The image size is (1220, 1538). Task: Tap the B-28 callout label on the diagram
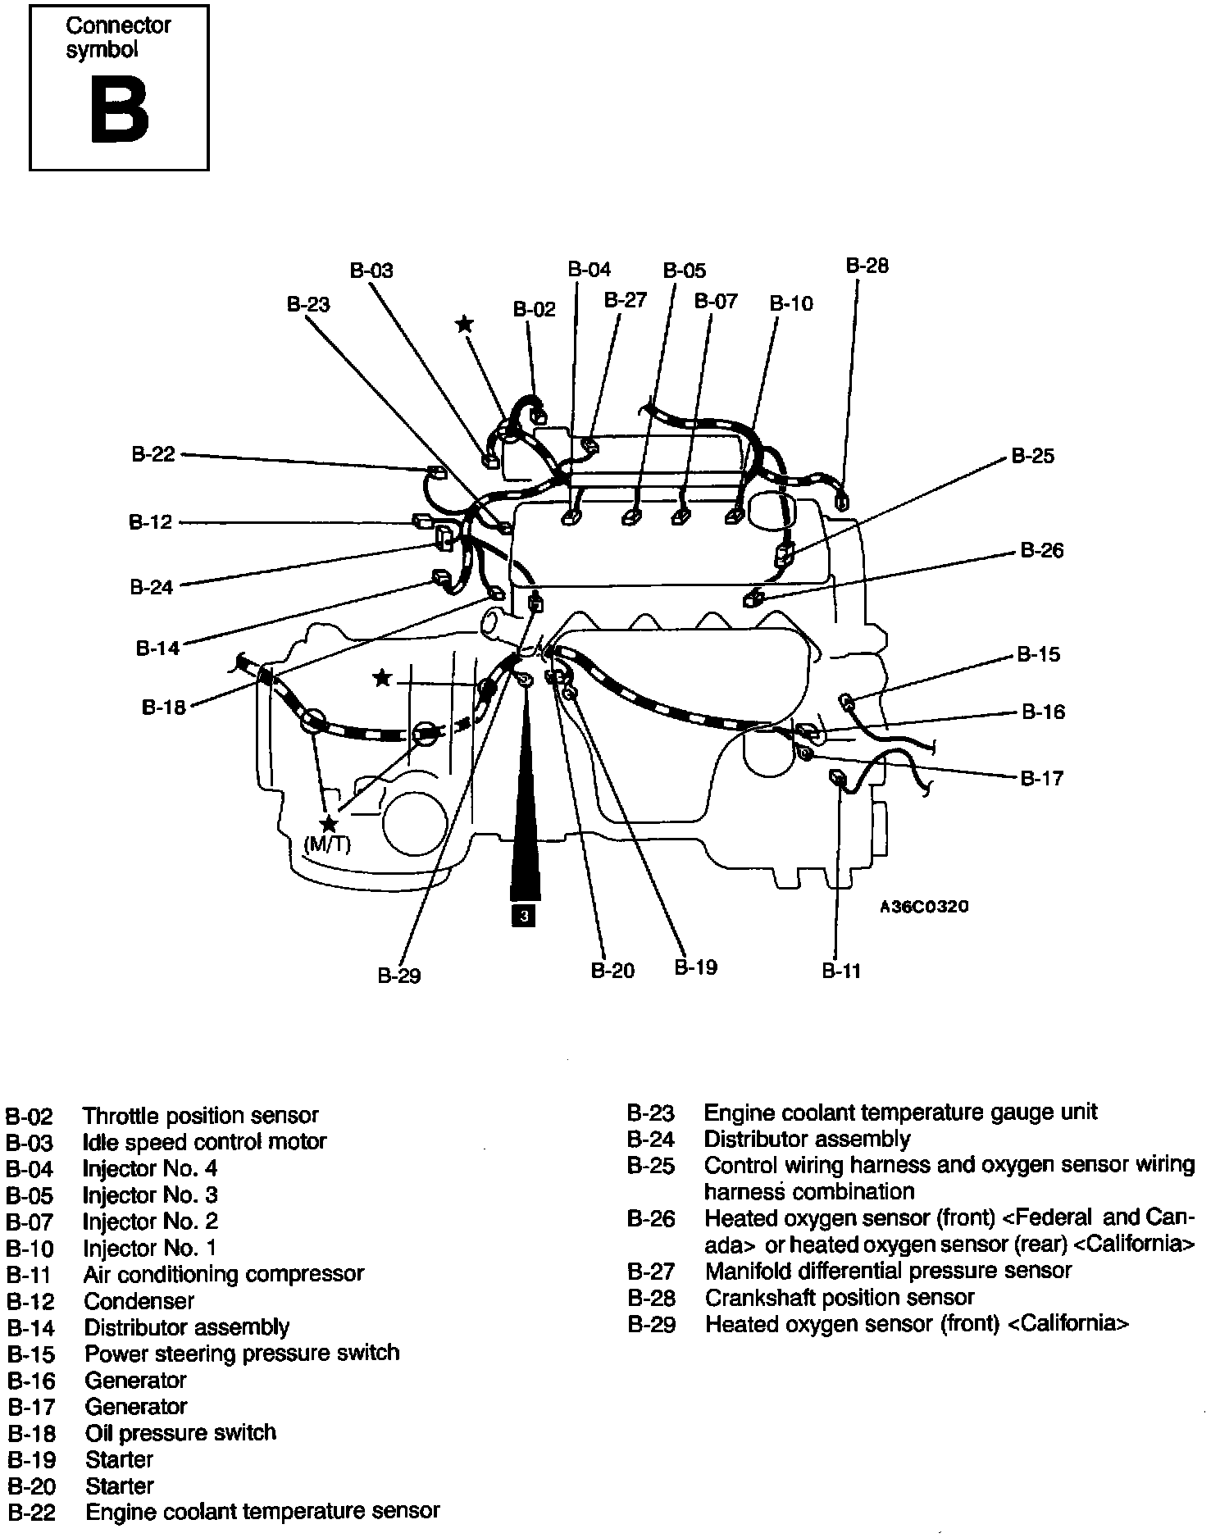click(867, 266)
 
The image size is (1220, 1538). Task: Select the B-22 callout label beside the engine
click(153, 454)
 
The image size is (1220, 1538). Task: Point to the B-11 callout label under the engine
click(841, 971)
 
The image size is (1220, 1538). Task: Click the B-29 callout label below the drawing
click(399, 976)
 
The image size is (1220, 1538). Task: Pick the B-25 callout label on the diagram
click(1032, 456)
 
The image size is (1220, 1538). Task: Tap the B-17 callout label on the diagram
click(1041, 778)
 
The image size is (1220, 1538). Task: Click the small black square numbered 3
click(522, 915)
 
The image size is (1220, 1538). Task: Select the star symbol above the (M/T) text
click(329, 824)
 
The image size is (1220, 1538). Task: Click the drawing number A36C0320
click(924, 907)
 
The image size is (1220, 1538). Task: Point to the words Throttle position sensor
click(200, 1116)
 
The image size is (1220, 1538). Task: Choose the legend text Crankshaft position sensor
click(839, 1298)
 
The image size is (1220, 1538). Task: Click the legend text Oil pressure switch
click(180, 1433)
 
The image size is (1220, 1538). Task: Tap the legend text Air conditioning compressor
click(223, 1274)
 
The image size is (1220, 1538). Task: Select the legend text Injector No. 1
click(150, 1249)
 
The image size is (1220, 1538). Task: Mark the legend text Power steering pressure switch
click(242, 1353)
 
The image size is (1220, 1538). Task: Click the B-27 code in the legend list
click(651, 1272)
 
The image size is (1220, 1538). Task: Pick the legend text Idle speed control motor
click(204, 1142)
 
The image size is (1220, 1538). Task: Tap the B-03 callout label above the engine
click(371, 271)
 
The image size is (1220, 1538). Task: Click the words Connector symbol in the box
click(118, 38)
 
